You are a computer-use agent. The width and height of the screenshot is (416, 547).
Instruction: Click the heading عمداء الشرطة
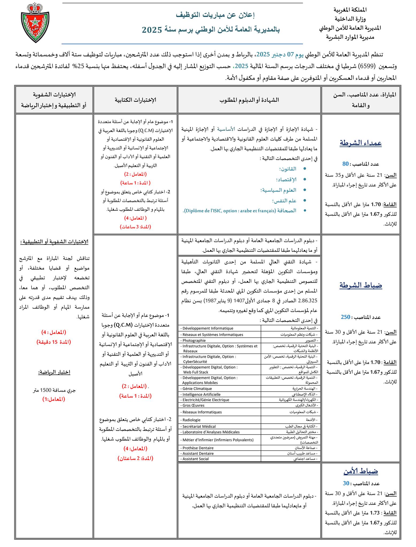361,143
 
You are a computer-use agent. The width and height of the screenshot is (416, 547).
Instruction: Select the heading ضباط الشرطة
361,285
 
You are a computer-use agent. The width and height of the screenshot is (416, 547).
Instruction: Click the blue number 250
345,317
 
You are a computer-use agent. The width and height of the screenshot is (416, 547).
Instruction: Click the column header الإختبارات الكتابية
135,100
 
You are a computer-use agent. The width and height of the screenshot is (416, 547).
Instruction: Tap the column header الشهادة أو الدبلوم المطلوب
249,100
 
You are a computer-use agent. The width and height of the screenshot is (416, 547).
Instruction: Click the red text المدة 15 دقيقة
54,342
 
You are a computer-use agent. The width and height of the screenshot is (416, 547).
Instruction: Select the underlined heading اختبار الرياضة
54,372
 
